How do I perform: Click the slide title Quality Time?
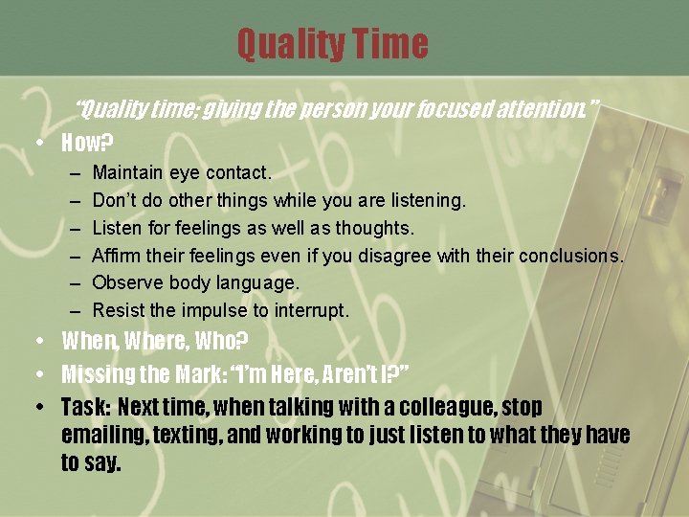[332, 44]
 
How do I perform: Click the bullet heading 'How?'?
[87, 144]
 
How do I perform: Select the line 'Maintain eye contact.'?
[182, 173]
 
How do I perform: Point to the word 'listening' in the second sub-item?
[424, 201]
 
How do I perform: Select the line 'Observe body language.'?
[195, 283]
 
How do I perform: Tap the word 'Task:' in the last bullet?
[85, 407]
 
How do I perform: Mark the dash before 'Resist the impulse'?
[76, 311]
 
